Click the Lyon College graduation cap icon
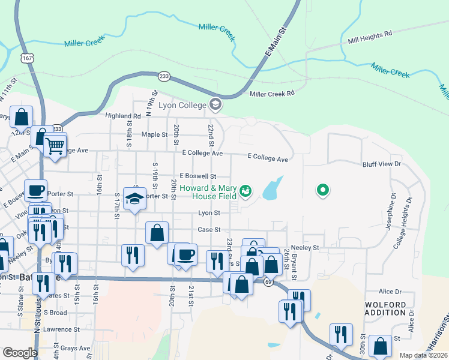point(215,106)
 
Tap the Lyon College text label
point(182,105)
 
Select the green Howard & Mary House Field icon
point(245,191)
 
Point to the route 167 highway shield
point(27,57)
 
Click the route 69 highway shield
point(268,282)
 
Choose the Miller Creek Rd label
point(273,94)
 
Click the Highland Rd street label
point(122,116)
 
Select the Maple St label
point(154,134)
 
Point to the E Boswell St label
point(197,176)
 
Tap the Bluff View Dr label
point(381,164)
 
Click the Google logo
point(20,353)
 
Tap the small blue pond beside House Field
point(271,188)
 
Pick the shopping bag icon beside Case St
point(157,232)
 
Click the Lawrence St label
point(61,329)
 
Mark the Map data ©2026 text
point(423,355)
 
